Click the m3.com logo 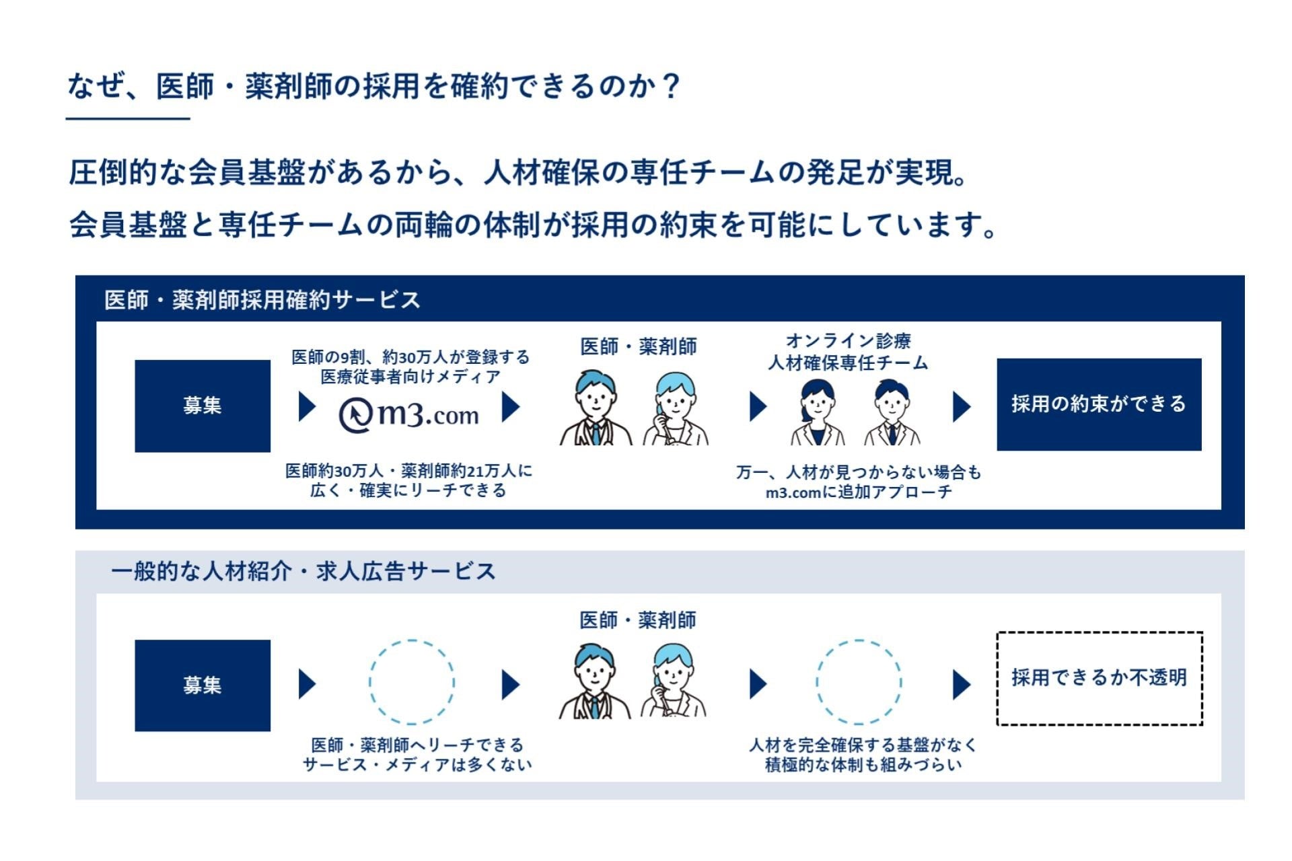click(408, 415)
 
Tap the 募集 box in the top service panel click(203, 406)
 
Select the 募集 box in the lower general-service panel click(203, 685)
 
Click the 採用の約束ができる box click(1098, 404)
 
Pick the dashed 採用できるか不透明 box click(1099, 678)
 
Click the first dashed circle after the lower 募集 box click(411, 681)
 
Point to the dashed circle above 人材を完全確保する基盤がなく click(858, 681)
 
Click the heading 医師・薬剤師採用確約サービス click(262, 300)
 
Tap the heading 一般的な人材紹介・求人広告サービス click(303, 571)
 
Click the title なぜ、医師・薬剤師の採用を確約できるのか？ click(374, 87)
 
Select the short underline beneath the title click(128, 119)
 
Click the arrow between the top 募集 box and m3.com click(307, 406)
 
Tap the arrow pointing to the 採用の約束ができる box click(962, 406)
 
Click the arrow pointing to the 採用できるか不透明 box click(962, 685)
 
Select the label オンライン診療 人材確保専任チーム click(848, 352)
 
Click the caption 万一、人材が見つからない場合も click(859, 472)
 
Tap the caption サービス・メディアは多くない click(417, 765)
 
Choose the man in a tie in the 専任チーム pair click(892, 412)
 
